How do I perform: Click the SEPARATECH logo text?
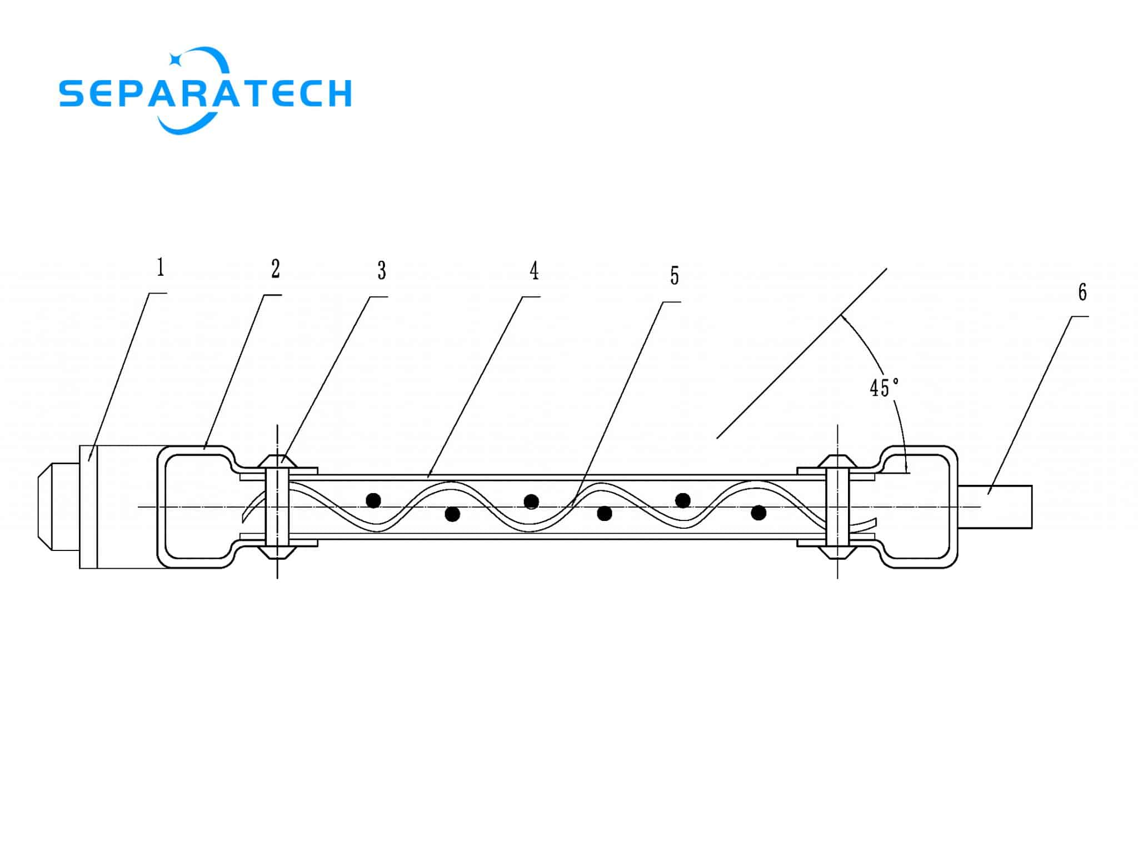(x=206, y=93)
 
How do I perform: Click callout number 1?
(x=161, y=267)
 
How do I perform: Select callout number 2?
(x=276, y=269)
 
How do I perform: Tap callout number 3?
(x=382, y=271)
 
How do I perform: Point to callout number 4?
(x=534, y=271)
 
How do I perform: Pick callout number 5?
(x=675, y=275)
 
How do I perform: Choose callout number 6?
(x=1082, y=292)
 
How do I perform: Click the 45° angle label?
(x=884, y=388)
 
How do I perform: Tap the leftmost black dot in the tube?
(x=373, y=500)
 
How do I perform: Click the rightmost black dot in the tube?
(x=758, y=513)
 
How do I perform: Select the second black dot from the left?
(x=452, y=514)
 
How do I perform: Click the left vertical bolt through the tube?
(x=277, y=507)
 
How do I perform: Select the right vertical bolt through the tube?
(x=837, y=507)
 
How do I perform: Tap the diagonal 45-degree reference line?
(x=801, y=354)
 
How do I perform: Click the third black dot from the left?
(x=531, y=502)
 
